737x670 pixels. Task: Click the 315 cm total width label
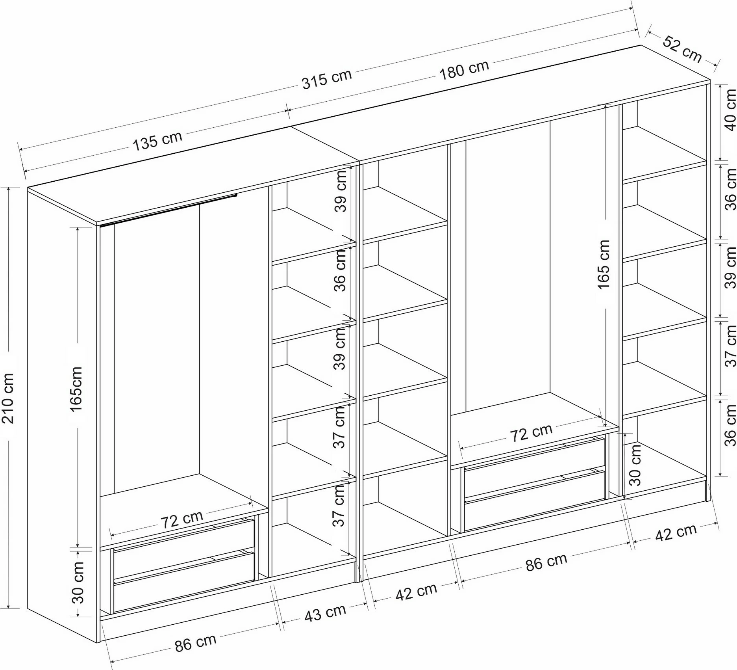click(x=326, y=79)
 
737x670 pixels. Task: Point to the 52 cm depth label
click(x=682, y=49)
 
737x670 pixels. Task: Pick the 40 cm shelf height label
click(x=730, y=110)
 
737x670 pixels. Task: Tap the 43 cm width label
click(x=325, y=613)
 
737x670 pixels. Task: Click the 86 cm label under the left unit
click(x=195, y=643)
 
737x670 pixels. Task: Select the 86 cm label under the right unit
click(x=546, y=562)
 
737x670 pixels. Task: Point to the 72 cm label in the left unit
click(x=181, y=520)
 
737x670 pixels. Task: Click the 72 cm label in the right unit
click(x=531, y=433)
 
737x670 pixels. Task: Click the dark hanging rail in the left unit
click(x=169, y=210)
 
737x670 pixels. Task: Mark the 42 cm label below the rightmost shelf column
click(x=676, y=532)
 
